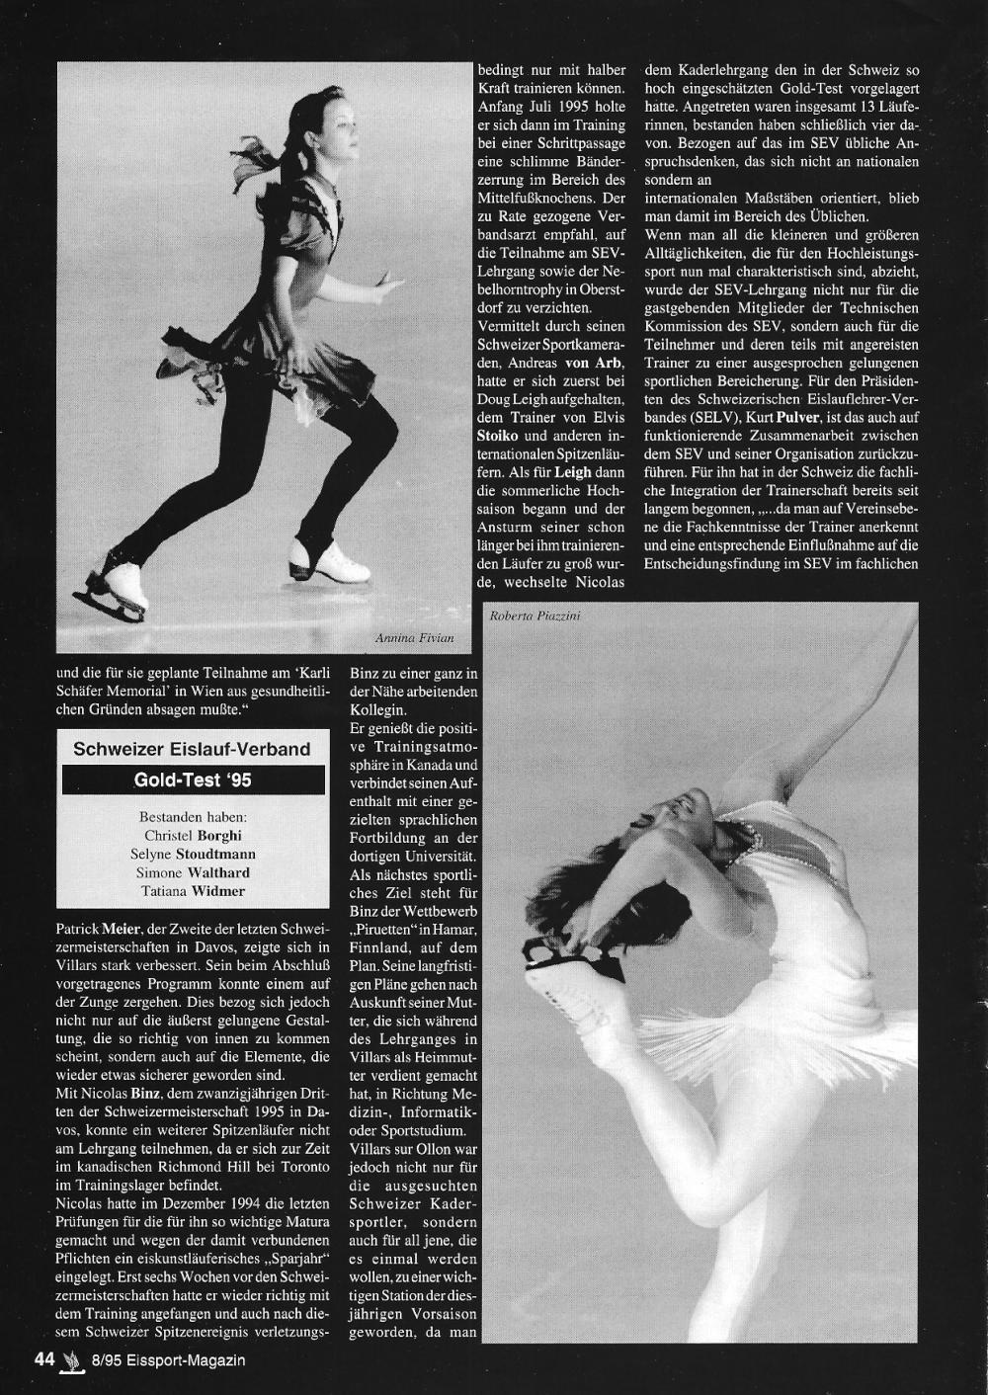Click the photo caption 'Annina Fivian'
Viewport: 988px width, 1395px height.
coord(415,639)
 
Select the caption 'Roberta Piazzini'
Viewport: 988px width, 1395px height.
coord(535,617)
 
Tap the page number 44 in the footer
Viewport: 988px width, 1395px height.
coord(43,1358)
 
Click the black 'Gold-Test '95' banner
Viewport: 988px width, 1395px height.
coord(193,780)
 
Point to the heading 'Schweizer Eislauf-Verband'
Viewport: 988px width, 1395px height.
coord(193,749)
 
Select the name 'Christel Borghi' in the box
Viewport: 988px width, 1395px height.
coord(193,836)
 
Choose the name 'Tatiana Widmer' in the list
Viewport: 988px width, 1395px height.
coord(193,891)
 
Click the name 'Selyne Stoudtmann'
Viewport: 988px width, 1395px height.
coord(193,855)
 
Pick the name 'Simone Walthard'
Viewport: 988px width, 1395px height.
coord(193,872)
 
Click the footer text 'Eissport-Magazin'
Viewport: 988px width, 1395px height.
coord(192,1359)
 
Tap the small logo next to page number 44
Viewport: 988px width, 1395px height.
coord(69,1359)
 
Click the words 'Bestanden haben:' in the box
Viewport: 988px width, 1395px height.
coord(193,817)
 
